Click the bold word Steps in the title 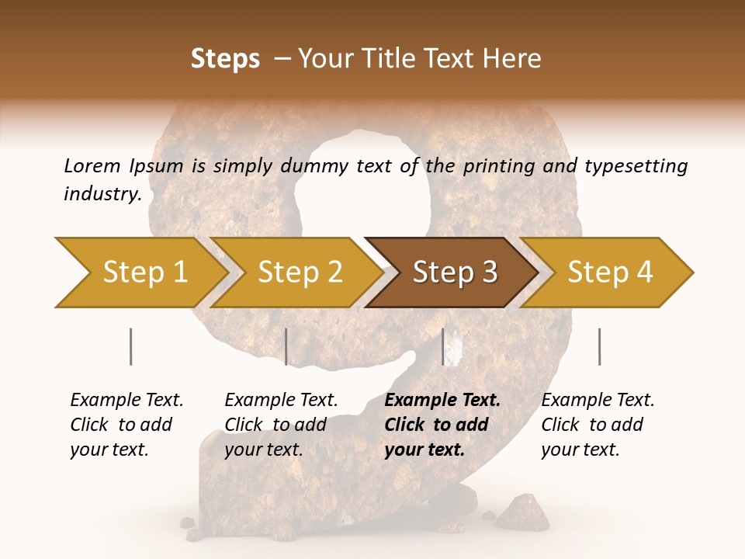click(225, 58)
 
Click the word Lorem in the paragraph click(92, 165)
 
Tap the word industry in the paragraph click(102, 193)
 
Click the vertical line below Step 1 click(130, 346)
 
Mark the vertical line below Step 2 click(286, 346)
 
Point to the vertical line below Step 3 click(443, 346)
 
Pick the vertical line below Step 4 click(599, 346)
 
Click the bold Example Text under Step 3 click(442, 400)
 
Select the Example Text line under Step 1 click(126, 400)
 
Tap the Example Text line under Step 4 click(598, 400)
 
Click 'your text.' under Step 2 click(264, 449)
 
